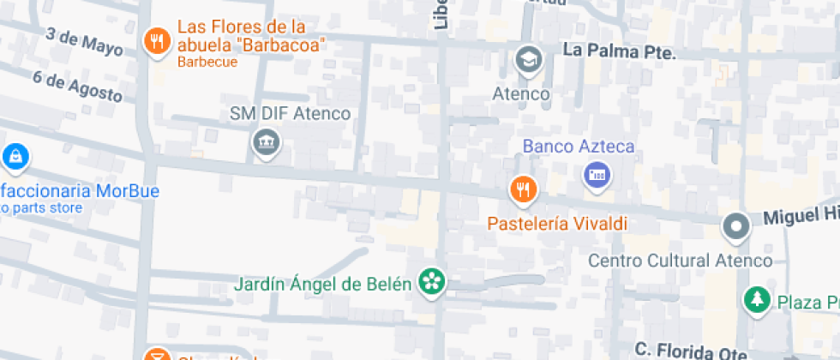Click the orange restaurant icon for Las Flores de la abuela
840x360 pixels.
[155, 40]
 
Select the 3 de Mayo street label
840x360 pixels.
[83, 40]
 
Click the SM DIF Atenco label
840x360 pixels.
[290, 113]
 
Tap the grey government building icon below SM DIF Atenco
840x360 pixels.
[267, 142]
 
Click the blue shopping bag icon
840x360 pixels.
[15, 157]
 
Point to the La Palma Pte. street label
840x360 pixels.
[619, 51]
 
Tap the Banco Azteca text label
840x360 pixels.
[579, 147]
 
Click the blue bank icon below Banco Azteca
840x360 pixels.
[597, 177]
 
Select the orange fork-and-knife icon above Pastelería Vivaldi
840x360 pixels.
[523, 189]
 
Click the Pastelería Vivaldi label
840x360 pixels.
[557, 224]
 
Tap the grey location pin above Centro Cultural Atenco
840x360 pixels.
[735, 228]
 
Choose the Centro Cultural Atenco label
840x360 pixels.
[681, 261]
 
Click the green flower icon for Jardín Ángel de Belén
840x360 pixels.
[432, 282]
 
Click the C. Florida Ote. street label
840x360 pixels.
[692, 350]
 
